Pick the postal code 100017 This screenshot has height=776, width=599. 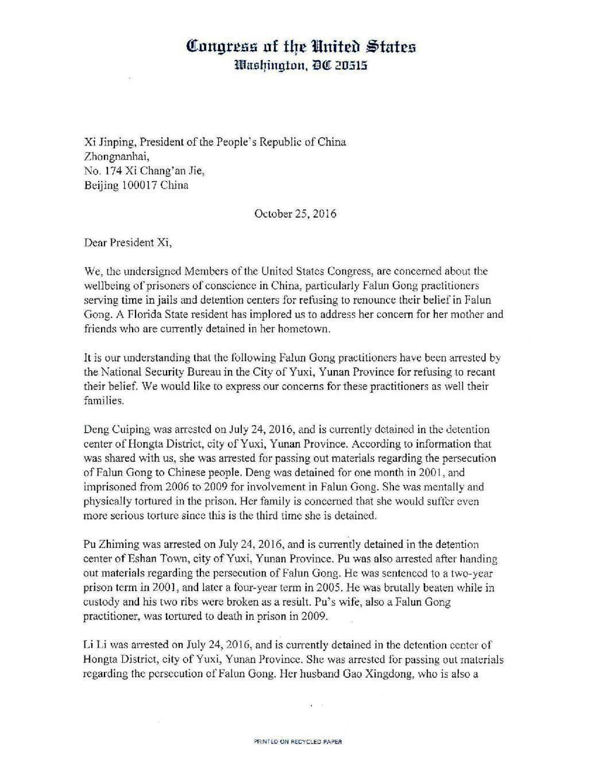(x=139, y=185)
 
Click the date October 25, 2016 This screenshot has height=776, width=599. (x=295, y=214)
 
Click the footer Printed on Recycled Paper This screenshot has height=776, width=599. (x=298, y=742)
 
